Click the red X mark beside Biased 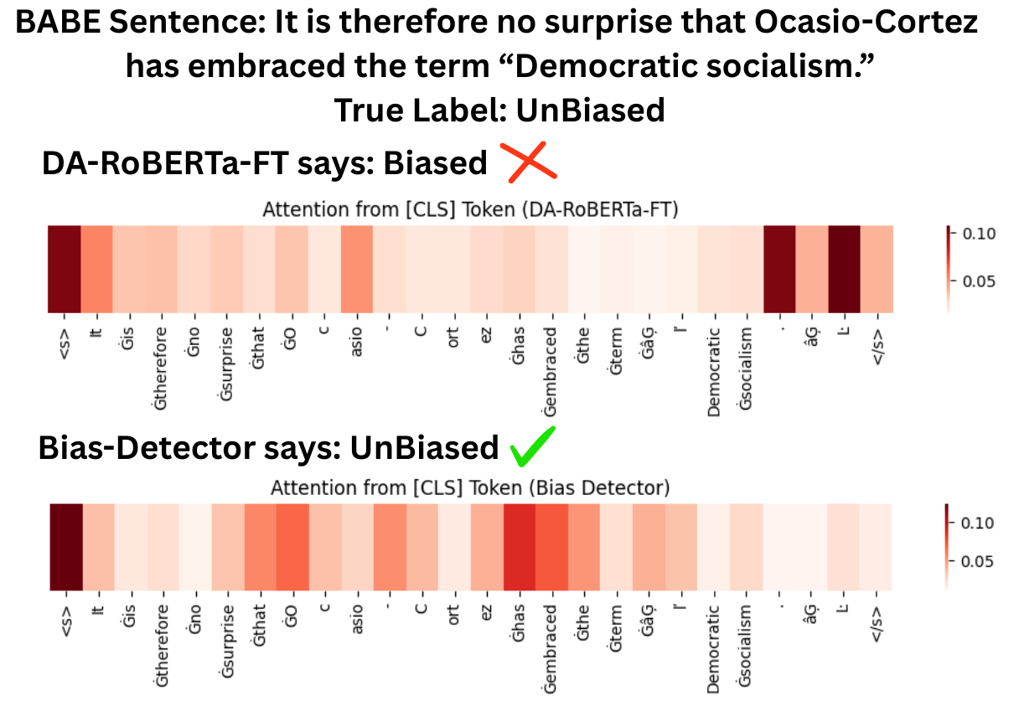[x=529, y=162]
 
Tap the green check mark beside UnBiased [x=533, y=447]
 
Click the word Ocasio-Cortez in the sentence [x=866, y=22]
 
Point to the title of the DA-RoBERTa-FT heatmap [x=470, y=209]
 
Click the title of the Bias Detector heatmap [x=470, y=487]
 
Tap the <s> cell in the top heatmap [x=65, y=269]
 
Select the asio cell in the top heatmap [x=357, y=269]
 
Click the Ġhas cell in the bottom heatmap [x=520, y=548]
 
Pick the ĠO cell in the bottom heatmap [x=292, y=548]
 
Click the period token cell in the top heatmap [x=779, y=269]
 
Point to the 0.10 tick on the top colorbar [x=979, y=234]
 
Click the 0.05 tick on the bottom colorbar [x=977, y=561]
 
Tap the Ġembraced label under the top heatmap [x=551, y=371]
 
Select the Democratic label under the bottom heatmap [x=713, y=649]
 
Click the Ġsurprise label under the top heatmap [x=226, y=364]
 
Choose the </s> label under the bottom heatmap [x=877, y=624]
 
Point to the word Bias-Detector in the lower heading [x=147, y=448]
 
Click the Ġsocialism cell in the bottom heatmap [x=746, y=548]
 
